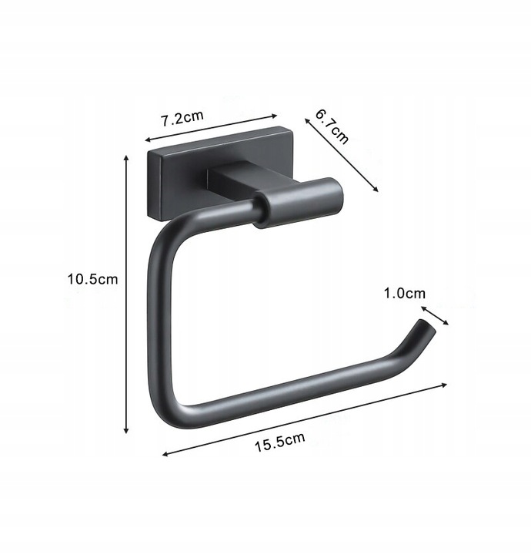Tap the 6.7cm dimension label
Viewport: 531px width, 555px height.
click(332, 126)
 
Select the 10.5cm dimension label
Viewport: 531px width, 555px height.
click(92, 279)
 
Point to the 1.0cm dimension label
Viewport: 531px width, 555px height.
click(405, 293)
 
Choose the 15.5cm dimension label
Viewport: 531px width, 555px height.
click(280, 442)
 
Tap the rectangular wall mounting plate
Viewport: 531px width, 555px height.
click(219, 173)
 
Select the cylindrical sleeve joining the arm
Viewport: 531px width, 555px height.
click(299, 203)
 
